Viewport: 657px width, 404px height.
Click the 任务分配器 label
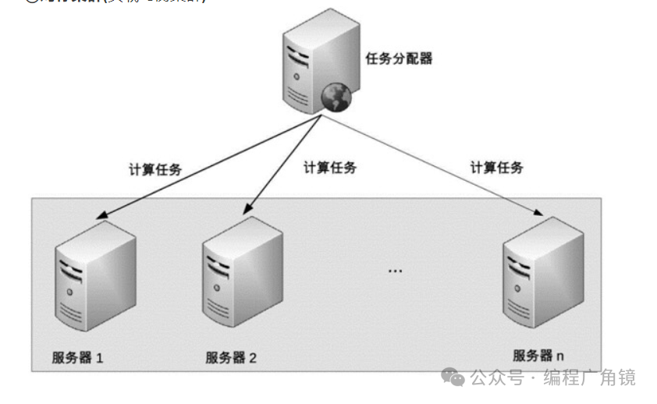click(399, 58)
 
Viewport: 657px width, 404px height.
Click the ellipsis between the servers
click(395, 271)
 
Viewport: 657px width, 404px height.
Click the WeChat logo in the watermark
click(453, 377)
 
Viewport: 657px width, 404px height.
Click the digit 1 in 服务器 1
click(100, 359)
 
